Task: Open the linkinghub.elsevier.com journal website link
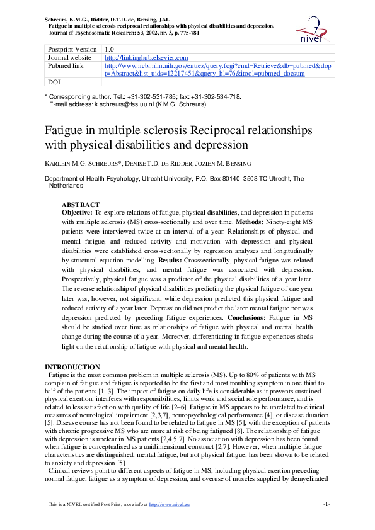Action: pos(146,57)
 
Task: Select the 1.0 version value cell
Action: pos(110,49)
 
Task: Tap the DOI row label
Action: pos(54,82)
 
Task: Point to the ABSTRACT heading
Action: pos(80,205)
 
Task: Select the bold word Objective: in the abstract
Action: pos(80,213)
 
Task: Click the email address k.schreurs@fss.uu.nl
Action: pos(124,104)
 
